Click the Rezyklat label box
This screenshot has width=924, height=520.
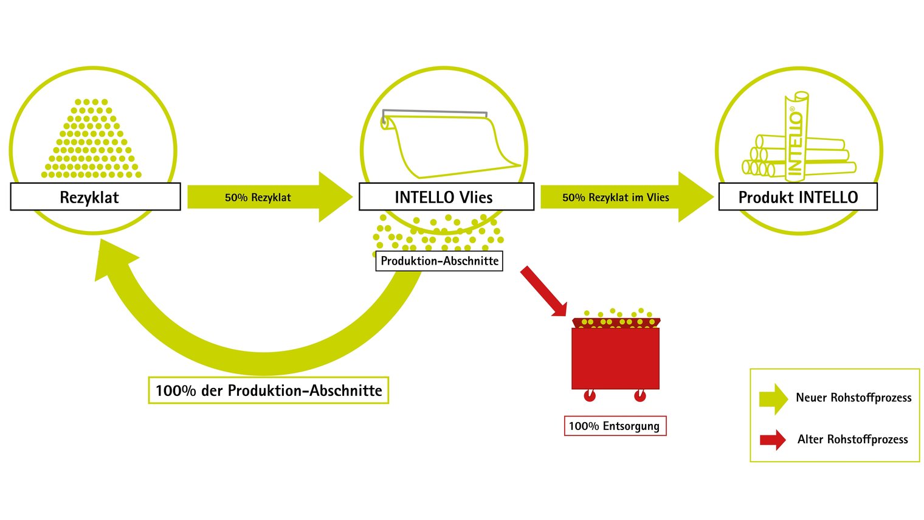coord(95,196)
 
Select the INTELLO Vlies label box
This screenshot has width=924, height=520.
coord(446,196)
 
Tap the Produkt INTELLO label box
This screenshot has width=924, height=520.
coord(798,196)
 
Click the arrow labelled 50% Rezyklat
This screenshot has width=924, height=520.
coord(270,197)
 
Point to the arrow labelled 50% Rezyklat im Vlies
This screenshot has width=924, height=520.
coord(627,197)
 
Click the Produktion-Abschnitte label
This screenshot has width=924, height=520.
coord(439,261)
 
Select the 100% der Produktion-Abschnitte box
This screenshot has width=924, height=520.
coord(269,390)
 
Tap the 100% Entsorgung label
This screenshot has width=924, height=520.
coord(615,426)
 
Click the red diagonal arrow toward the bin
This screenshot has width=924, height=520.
coord(543,291)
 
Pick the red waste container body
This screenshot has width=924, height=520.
coord(615,358)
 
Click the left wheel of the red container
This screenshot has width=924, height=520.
coord(590,395)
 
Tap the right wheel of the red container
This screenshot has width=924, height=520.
coord(640,395)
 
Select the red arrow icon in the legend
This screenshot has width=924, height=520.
coord(773,440)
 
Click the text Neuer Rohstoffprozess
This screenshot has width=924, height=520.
coord(853,397)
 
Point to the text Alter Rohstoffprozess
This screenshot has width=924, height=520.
coord(852,439)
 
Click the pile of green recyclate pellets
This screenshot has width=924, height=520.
coord(92,139)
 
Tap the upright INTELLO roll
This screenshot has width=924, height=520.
coord(796,137)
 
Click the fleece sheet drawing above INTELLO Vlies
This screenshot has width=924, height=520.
coord(450,144)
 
